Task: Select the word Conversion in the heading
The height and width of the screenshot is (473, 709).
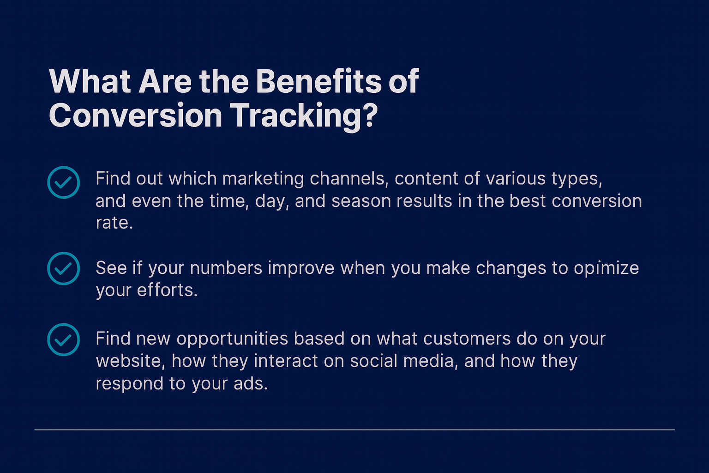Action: coord(135,115)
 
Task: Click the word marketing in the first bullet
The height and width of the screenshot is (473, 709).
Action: coord(263,179)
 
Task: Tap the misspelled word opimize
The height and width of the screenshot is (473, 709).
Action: coord(607,269)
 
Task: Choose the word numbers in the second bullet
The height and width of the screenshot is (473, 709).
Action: coord(226,268)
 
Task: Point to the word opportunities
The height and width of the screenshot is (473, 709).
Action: coord(232,340)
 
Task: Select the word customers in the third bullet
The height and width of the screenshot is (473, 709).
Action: coord(467,339)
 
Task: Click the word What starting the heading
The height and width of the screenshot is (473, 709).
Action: coord(90,82)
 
